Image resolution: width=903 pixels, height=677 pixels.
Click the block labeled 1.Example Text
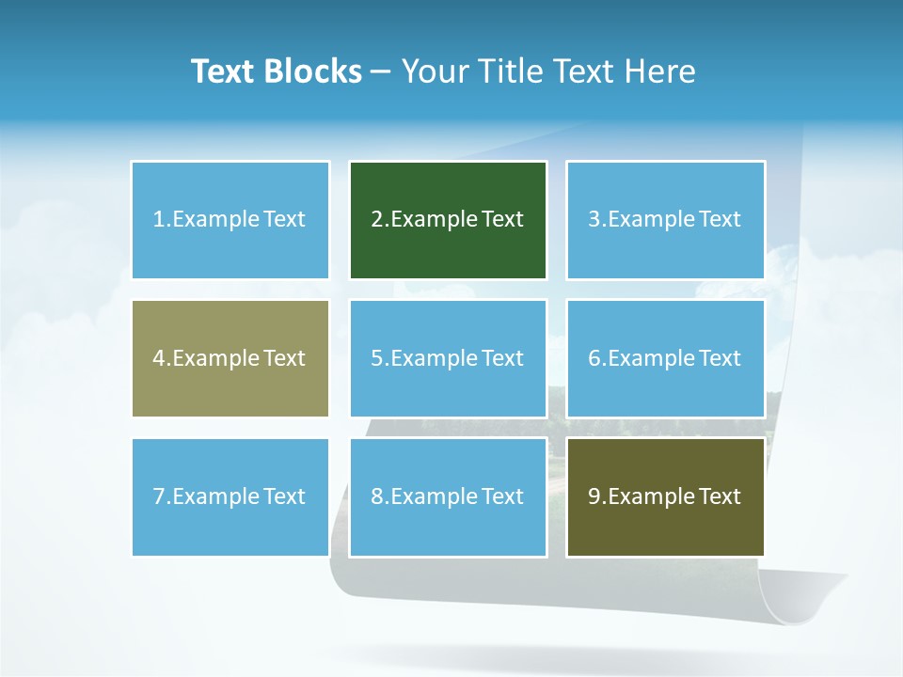[x=230, y=220]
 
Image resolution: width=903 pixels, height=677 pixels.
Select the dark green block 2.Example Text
[x=448, y=220]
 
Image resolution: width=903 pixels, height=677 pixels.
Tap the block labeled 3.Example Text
[x=665, y=220]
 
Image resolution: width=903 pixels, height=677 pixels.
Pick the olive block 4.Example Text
[x=230, y=358]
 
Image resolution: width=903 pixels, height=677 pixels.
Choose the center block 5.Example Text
[x=448, y=358]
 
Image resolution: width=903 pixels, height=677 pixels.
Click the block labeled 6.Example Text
[x=665, y=358]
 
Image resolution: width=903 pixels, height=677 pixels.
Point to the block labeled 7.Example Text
[x=230, y=496]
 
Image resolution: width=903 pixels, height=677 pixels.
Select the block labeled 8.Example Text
[x=448, y=496]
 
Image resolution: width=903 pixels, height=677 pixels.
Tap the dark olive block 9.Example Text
[x=665, y=496]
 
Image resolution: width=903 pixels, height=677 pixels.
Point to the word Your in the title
[x=433, y=71]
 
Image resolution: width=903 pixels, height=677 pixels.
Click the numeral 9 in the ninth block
[x=594, y=496]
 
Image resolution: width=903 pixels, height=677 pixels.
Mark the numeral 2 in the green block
[x=377, y=220]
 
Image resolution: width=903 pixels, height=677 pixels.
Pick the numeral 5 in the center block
[x=377, y=358]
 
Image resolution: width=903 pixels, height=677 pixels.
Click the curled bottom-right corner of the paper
[x=809, y=602]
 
